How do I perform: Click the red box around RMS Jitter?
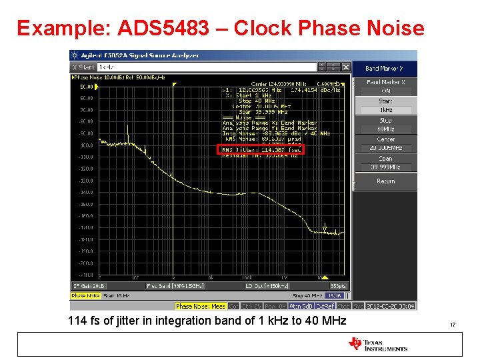coord(262,150)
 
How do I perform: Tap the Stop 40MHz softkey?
coord(386,125)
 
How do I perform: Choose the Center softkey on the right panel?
coord(386,143)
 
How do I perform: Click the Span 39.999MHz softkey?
coord(386,163)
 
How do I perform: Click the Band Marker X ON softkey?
coord(386,87)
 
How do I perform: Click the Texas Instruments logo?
coord(377,344)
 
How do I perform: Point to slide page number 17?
coord(453,325)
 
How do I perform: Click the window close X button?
coord(346,67)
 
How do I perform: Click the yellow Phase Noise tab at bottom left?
coord(85,295)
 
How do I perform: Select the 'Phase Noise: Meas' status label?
coord(200,306)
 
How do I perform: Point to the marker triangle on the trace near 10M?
coord(325,229)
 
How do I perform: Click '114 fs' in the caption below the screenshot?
coord(83,321)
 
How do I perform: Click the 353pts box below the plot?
coord(337,285)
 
